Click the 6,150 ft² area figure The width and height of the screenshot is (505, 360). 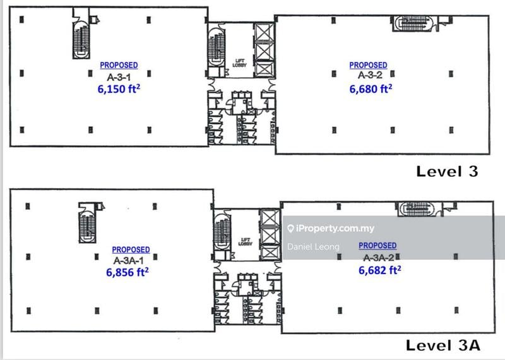pyautogui.click(x=119, y=90)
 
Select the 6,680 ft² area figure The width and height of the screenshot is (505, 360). pyautogui.click(x=371, y=89)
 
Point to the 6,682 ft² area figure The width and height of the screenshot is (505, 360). pyautogui.click(x=380, y=270)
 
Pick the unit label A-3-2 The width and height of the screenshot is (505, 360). pyautogui.click(x=368, y=75)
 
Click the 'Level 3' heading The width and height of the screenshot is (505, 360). pyautogui.click(x=447, y=171)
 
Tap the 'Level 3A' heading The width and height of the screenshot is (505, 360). pyautogui.click(x=443, y=345)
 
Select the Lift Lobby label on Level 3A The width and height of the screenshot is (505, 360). pyautogui.click(x=246, y=242)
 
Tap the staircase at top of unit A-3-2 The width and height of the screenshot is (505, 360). pyautogui.click(x=415, y=23)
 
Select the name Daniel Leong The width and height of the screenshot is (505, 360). pyautogui.click(x=313, y=247)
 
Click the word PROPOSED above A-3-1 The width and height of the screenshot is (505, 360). pyautogui.click(x=119, y=65)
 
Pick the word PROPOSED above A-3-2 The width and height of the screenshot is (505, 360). pyautogui.click(x=368, y=65)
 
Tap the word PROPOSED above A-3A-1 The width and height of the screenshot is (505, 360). pyautogui.click(x=131, y=249)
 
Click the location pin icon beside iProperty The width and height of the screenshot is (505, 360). pyautogui.click(x=290, y=229)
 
